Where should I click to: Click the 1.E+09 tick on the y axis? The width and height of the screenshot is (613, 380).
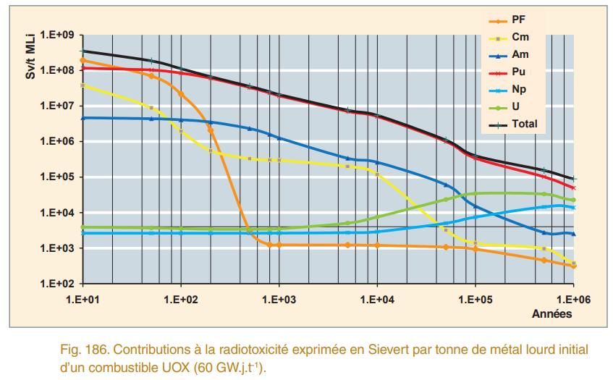pos(59,35)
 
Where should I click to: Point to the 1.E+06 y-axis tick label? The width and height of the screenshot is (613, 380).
pos(59,142)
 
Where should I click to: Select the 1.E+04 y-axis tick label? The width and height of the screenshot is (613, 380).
pos(59,213)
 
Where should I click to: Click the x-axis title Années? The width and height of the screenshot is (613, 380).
pos(551,314)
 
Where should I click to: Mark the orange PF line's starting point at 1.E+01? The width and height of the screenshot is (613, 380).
pos(83,60)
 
